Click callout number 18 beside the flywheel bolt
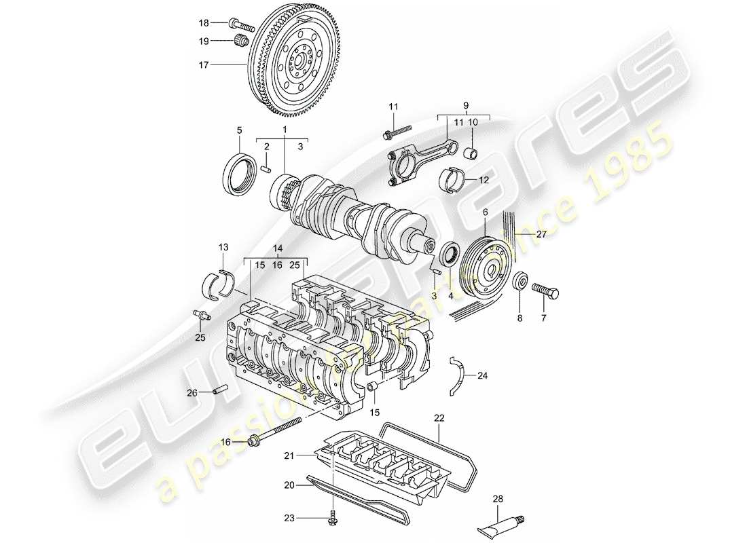[x=204, y=22]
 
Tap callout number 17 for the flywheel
[x=204, y=65]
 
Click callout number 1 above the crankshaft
[x=285, y=129]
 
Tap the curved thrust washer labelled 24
[x=459, y=375]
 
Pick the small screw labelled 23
[x=333, y=518]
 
